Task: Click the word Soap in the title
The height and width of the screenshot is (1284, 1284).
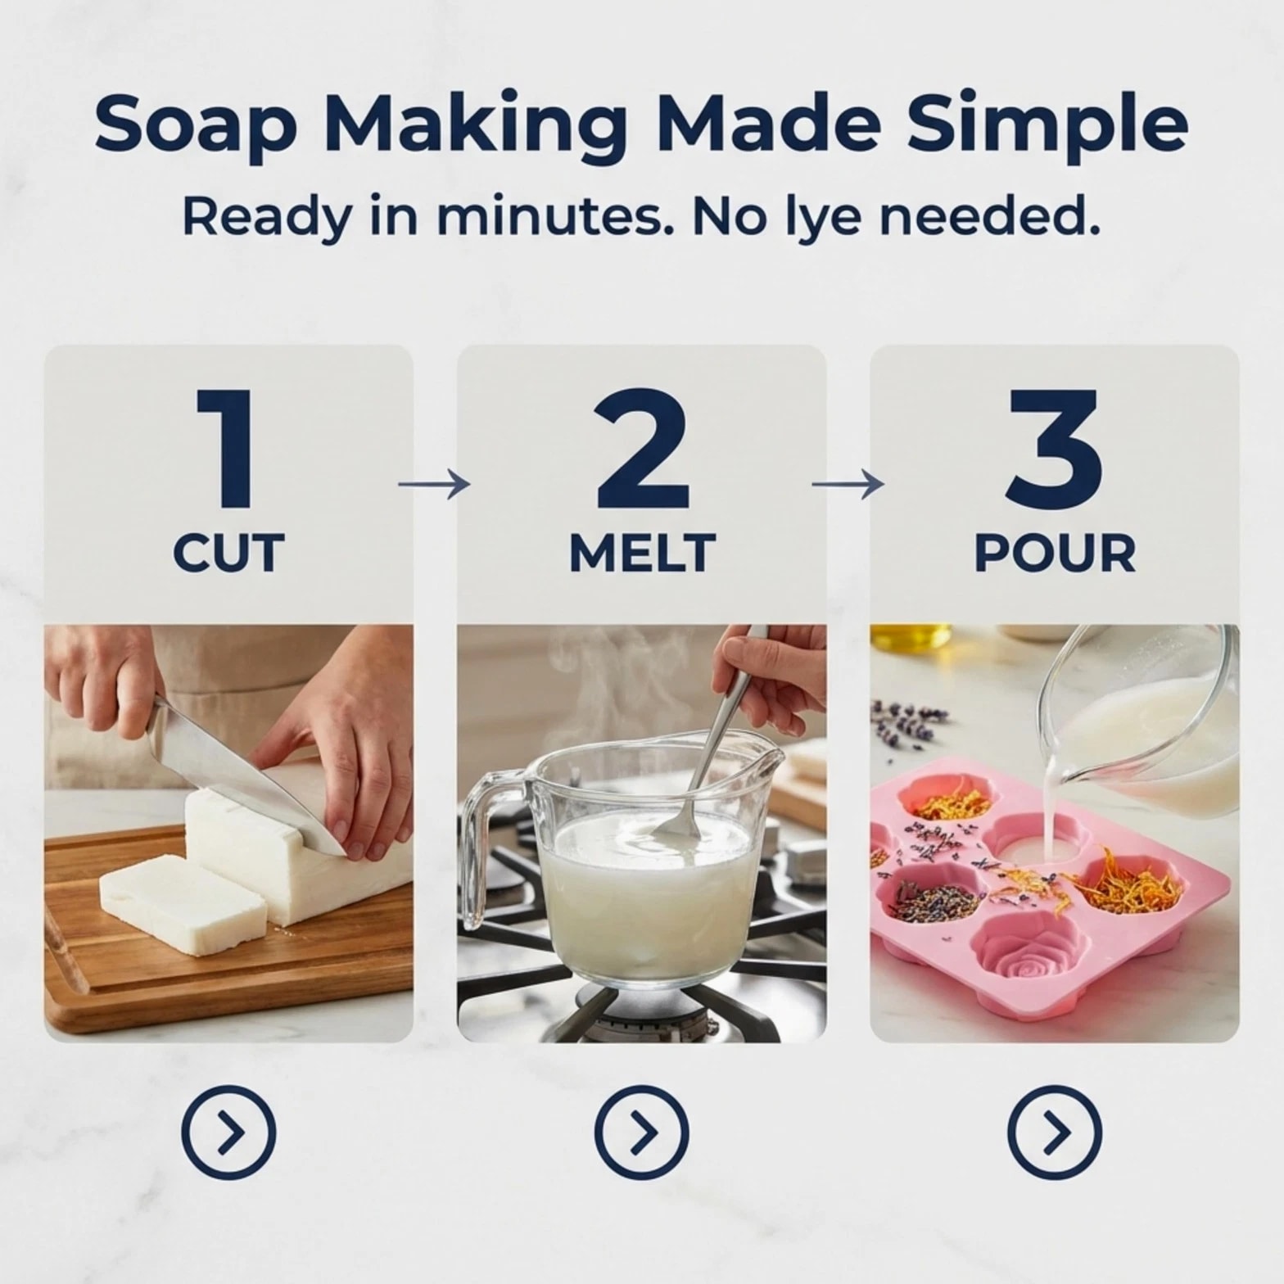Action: pyautogui.click(x=194, y=125)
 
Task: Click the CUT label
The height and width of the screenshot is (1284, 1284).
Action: pyautogui.click(x=228, y=553)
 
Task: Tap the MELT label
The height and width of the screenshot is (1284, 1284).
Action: pyautogui.click(x=643, y=553)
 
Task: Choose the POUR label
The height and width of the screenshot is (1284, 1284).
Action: pyautogui.click(x=1055, y=553)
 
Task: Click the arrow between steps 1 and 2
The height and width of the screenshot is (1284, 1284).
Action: pyautogui.click(x=434, y=485)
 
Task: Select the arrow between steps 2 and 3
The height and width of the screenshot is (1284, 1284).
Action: pyautogui.click(x=848, y=485)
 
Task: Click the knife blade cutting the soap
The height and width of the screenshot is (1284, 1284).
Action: pyautogui.click(x=246, y=774)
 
